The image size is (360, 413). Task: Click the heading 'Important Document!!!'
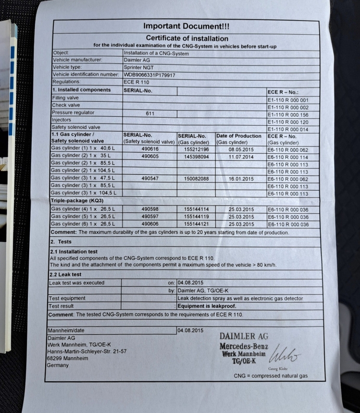(184, 26)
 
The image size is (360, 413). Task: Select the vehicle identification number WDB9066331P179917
(149, 75)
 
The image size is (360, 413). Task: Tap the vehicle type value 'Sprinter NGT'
(139, 68)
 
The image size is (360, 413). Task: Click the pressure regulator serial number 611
(150, 113)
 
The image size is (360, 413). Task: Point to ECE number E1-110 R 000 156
(287, 115)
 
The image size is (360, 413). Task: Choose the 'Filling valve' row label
(65, 98)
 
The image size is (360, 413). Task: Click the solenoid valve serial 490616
(150, 149)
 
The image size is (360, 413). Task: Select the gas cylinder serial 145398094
(196, 157)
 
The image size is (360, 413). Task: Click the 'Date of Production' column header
(239, 136)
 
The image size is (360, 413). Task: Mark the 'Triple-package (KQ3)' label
(77, 200)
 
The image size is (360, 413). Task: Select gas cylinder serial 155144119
(196, 217)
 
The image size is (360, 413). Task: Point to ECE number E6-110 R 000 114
(287, 157)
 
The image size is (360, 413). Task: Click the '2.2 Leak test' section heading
(67, 275)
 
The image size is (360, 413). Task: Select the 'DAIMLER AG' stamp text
(244, 337)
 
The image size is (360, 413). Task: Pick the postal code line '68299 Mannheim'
(67, 358)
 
